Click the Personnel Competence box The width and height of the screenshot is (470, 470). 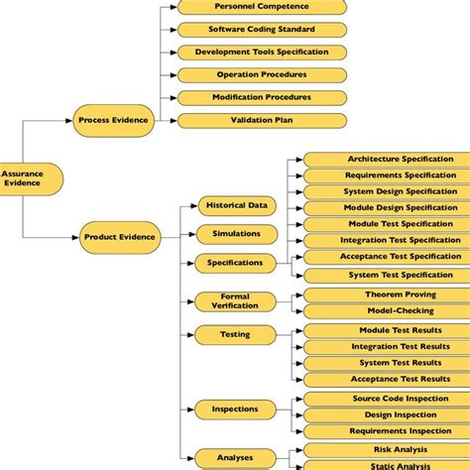[261, 7]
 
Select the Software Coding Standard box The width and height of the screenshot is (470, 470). [261, 30]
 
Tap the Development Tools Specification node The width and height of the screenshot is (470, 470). [261, 52]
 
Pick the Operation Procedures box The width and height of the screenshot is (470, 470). [261, 74]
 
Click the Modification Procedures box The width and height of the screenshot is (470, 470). [261, 97]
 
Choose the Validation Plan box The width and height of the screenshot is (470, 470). [261, 120]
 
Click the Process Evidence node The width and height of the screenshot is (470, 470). [113, 120]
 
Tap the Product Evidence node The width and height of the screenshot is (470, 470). [118, 236]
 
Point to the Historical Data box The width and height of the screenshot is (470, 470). [236, 205]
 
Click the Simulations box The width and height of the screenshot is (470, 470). [236, 234]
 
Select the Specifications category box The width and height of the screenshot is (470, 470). [236, 263]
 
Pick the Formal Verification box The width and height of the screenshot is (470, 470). [236, 301]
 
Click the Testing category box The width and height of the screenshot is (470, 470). [236, 335]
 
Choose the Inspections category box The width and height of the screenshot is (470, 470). [236, 409]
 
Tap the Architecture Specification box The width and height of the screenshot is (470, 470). [386, 159]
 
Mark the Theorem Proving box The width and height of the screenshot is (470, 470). [386, 294]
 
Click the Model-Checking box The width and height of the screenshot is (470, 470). [386, 310]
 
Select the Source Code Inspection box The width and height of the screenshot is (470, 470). [386, 398]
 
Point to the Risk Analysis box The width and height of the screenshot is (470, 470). [386, 449]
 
